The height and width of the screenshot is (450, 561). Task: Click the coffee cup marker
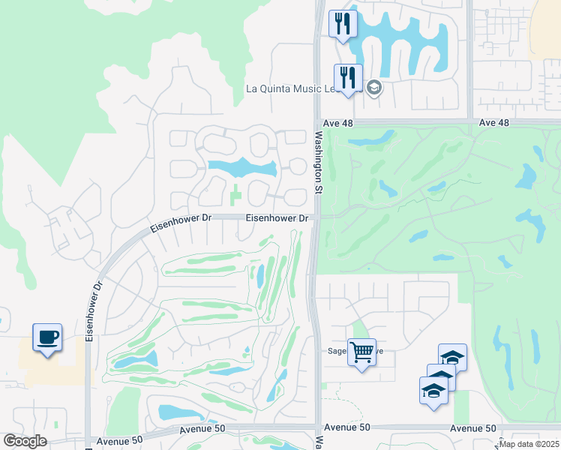[x=47, y=337]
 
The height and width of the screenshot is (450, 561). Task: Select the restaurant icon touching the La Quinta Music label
[x=347, y=77]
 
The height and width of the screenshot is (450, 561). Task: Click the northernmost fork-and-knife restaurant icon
[x=343, y=24]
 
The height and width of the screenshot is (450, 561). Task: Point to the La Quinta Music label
[x=293, y=88]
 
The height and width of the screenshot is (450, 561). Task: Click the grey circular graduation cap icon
[x=374, y=88]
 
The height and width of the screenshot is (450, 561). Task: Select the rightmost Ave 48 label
[x=493, y=122]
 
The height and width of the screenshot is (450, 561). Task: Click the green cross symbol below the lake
[x=236, y=195]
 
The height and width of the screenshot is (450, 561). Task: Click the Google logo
[x=25, y=441]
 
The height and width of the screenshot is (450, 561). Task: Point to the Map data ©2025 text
[x=529, y=444]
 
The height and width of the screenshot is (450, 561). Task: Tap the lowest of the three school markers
[x=433, y=391]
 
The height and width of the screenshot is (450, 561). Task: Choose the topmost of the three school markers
[x=452, y=358]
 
